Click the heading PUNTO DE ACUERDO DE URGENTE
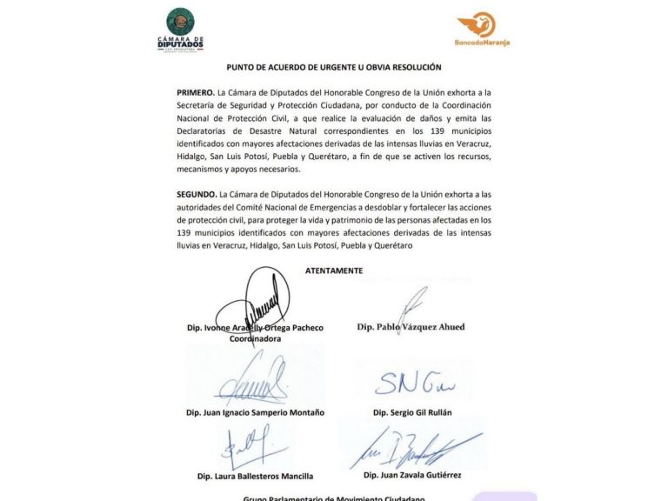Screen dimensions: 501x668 pos(334,67)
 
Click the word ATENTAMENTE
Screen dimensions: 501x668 pos(334,271)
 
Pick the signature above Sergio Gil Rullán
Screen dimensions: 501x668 pos(414,382)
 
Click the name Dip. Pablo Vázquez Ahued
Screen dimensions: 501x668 pos(411,327)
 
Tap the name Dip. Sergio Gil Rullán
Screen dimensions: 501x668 pos(411,411)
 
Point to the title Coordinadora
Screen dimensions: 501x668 pos(255,339)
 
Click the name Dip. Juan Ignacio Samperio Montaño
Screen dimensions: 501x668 pos(255,411)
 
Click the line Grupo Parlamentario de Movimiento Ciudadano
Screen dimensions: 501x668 pos(334,498)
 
